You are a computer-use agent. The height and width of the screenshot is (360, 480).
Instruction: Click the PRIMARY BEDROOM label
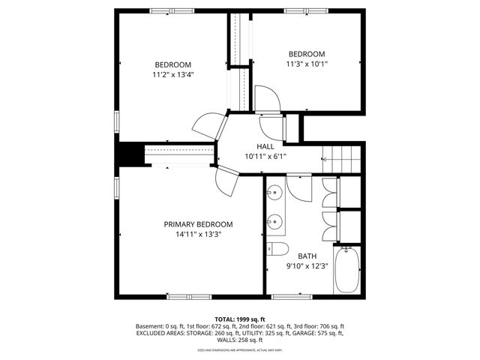coord(198,224)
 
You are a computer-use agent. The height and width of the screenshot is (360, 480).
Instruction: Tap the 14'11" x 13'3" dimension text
coord(198,235)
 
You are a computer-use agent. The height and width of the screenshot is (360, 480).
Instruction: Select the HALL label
coord(265,146)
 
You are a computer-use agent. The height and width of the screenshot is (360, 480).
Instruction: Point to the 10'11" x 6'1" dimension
coord(265,157)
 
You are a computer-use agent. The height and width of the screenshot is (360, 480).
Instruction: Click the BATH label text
coord(307,256)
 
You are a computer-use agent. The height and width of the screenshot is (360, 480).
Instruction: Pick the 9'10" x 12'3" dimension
coord(307,266)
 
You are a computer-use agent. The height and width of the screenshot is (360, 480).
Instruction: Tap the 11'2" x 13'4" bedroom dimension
coord(173,75)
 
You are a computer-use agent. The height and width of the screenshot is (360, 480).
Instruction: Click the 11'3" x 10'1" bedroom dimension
coord(307,64)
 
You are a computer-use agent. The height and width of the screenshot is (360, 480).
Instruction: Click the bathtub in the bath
coord(346,271)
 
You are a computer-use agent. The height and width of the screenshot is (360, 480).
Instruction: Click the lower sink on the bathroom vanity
coord(274,221)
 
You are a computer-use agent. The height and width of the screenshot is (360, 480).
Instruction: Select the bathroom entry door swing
coord(297,187)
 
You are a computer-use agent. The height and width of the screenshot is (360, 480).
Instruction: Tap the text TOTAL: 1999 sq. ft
coord(240,319)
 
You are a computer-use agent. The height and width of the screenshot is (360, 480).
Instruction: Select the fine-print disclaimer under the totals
coord(240,349)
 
